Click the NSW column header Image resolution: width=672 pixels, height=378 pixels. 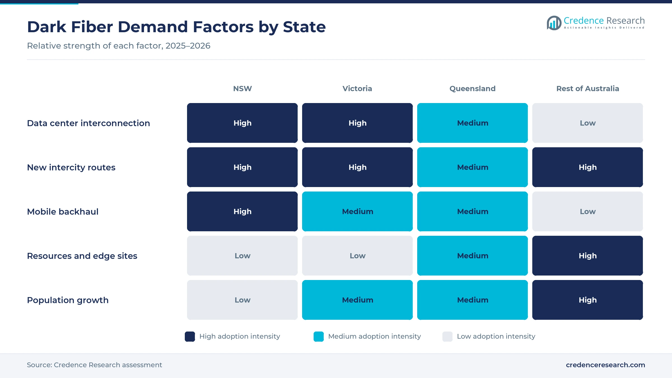pyautogui.click(x=242, y=88)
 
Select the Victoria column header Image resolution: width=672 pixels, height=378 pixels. pyautogui.click(x=357, y=88)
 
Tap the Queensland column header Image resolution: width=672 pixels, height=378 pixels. pyautogui.click(x=472, y=88)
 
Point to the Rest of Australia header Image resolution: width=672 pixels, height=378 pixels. pyautogui.click(x=587, y=88)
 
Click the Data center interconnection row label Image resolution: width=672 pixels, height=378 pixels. pyautogui.click(x=88, y=123)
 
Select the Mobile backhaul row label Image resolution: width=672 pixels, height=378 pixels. pyautogui.click(x=63, y=212)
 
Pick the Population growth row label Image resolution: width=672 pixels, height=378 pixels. pyautogui.click(x=68, y=300)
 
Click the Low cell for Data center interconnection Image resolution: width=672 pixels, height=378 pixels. pyautogui.click(x=587, y=123)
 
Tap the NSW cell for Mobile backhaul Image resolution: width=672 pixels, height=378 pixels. pyautogui.click(x=242, y=211)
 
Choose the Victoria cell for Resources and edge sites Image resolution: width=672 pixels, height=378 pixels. pyautogui.click(x=357, y=256)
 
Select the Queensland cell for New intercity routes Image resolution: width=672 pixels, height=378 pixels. pyautogui.click(x=472, y=167)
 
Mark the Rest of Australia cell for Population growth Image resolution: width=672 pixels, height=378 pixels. pyautogui.click(x=587, y=300)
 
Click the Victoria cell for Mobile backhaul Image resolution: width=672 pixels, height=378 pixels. pyautogui.click(x=357, y=211)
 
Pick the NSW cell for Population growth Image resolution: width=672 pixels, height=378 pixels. pyautogui.click(x=242, y=300)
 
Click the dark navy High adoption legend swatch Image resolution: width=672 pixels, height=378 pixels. pyautogui.click(x=190, y=337)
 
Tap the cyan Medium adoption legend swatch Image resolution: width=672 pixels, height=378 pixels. pyautogui.click(x=319, y=337)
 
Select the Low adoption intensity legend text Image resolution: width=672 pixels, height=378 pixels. pyautogui.click(x=496, y=336)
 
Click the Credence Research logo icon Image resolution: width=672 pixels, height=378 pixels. pyautogui.click(x=554, y=23)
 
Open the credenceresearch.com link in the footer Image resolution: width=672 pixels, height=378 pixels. pyautogui.click(x=605, y=365)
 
